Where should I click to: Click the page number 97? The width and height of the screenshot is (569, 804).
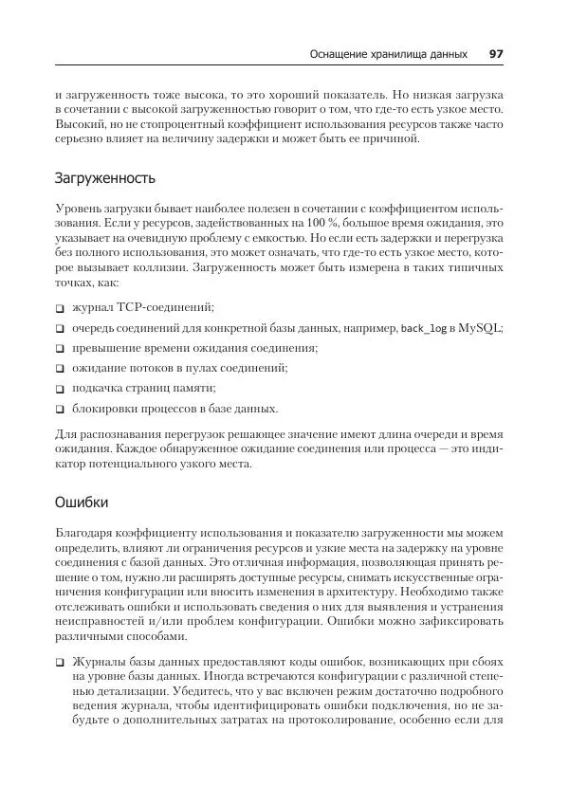(495, 54)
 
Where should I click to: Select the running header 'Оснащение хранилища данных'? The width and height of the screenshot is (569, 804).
(388, 54)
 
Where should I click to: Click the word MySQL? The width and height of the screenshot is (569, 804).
(481, 328)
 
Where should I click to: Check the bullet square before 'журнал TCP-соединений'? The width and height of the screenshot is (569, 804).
(60, 308)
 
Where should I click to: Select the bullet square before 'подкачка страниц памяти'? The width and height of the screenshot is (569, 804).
(60, 389)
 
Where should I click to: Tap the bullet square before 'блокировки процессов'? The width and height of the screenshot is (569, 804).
(60, 410)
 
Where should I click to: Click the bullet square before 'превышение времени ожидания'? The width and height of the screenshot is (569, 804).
(60, 349)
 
